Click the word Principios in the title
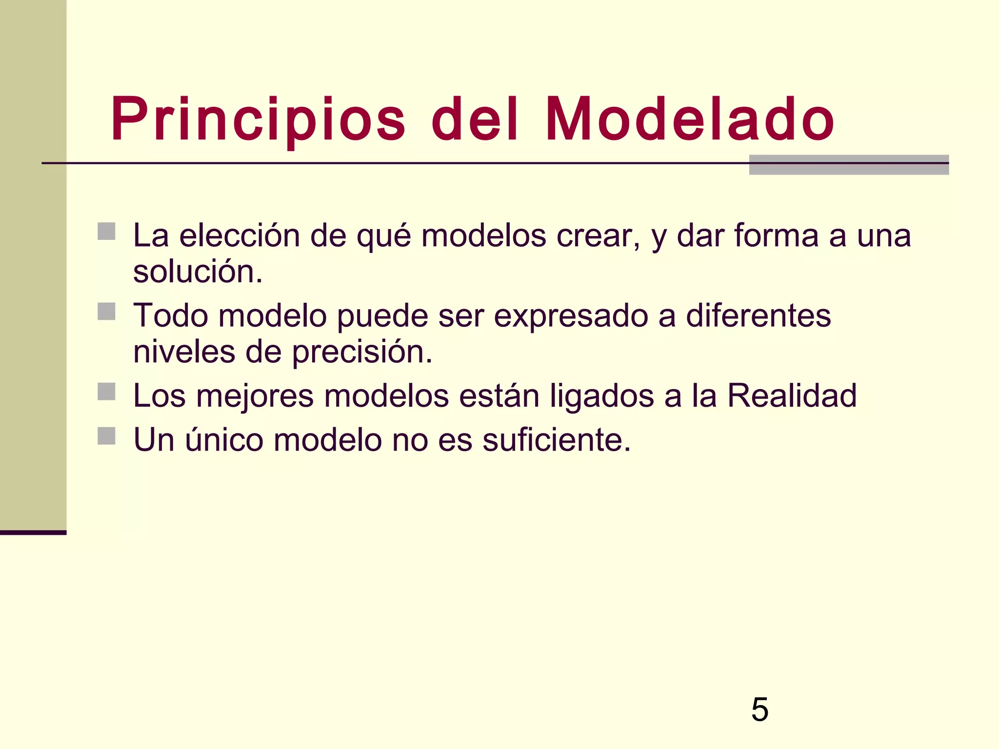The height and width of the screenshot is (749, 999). coord(258,120)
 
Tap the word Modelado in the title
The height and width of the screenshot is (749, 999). coord(689,120)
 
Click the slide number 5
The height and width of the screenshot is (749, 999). coord(759,710)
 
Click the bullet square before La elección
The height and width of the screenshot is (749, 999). coord(106,232)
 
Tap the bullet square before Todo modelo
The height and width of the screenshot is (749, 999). coord(106,312)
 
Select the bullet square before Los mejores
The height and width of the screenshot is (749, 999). coord(106,392)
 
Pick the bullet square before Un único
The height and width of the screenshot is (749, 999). coord(106,436)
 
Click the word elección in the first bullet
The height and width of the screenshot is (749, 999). coord(240,236)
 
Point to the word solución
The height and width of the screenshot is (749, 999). coord(198,272)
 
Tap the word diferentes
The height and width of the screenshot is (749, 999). coord(758,315)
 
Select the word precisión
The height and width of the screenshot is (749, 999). coord(362,353)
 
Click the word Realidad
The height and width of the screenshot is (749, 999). coord(792,395)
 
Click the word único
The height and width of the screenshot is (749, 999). coord(224,439)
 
